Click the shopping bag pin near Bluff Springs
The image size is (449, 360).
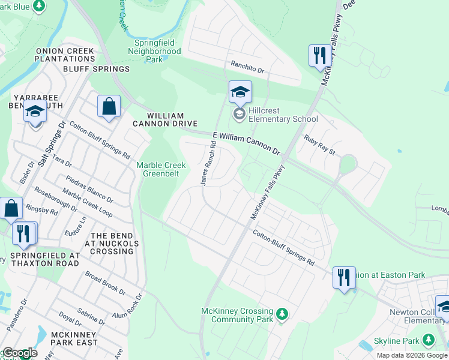pyautogui.click(x=109, y=107)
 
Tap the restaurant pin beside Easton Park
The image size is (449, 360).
pyautogui.click(x=344, y=278)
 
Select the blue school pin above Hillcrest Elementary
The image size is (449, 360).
pyautogui.click(x=240, y=92)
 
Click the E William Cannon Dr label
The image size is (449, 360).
pyautogui.click(x=246, y=143)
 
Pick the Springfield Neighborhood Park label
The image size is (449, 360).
pyautogui.click(x=154, y=52)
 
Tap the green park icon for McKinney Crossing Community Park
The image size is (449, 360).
pyautogui.click(x=282, y=313)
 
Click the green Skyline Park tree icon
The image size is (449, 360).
pyautogui.click(x=428, y=341)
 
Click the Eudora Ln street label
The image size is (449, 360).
pyautogui.click(x=76, y=227)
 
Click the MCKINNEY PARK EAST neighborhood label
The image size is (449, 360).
pyautogui.click(x=74, y=338)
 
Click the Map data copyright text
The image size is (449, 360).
pyautogui.click(x=412, y=355)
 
